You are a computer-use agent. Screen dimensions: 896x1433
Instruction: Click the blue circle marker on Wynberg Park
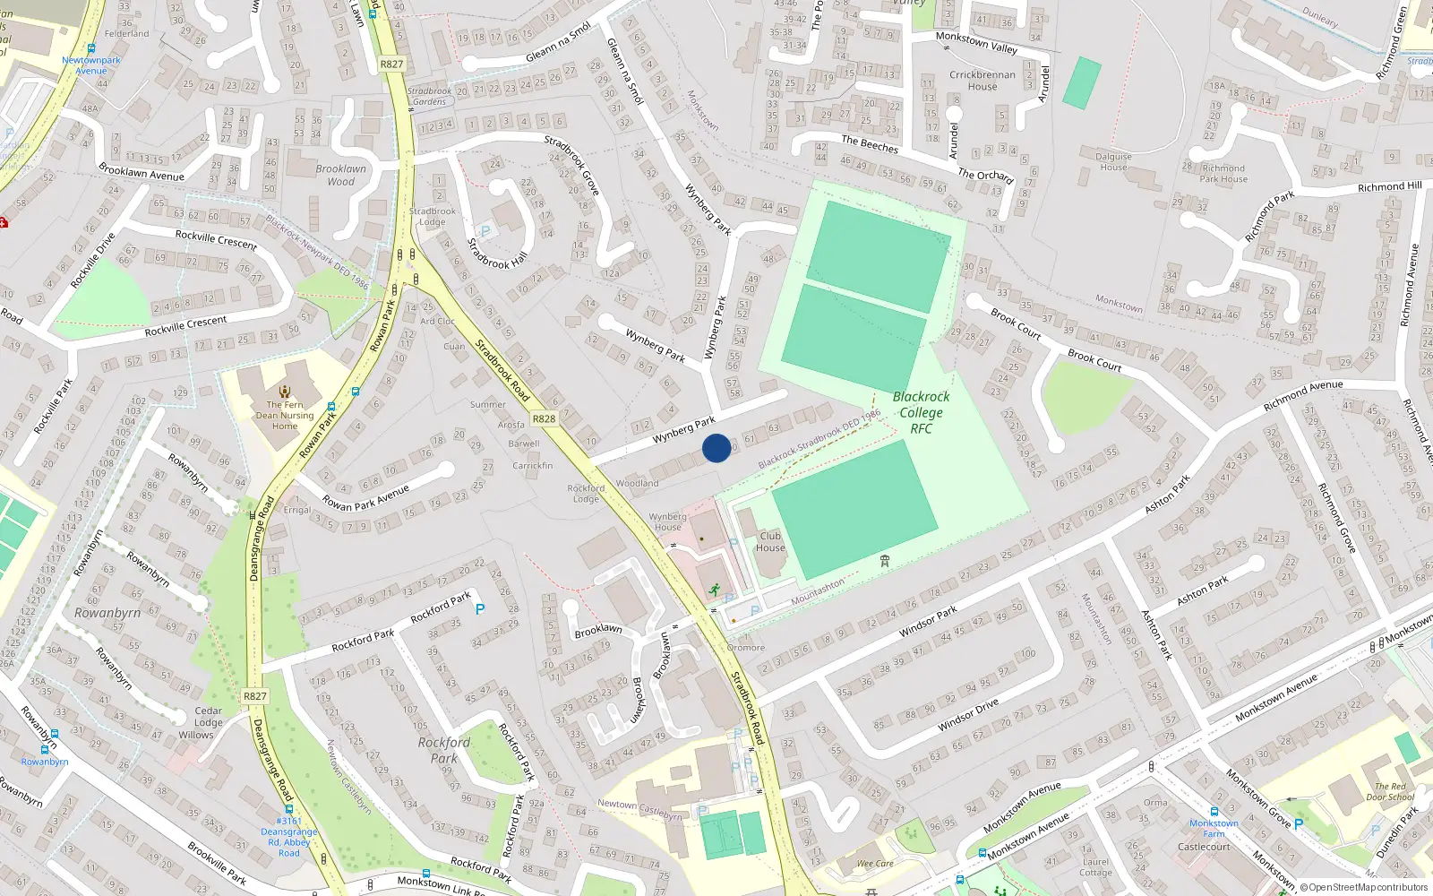(x=716, y=448)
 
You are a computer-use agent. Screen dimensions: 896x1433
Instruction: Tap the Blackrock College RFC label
(x=921, y=412)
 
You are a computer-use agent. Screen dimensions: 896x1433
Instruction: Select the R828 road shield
(x=544, y=418)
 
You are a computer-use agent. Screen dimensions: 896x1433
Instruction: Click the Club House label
(x=770, y=542)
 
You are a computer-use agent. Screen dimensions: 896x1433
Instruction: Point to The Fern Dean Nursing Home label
(x=285, y=415)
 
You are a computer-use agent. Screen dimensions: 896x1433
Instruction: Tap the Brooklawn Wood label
(x=340, y=175)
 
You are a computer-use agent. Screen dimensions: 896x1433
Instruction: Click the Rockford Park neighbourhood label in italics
(x=443, y=750)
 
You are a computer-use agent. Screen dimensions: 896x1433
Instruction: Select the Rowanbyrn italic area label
(x=107, y=613)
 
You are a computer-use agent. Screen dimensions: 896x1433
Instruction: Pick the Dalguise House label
(x=1113, y=161)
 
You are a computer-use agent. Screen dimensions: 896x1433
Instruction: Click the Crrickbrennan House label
(x=983, y=81)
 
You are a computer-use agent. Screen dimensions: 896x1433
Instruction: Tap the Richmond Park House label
(x=1223, y=173)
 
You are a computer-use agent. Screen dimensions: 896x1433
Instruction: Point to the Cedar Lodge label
(x=208, y=716)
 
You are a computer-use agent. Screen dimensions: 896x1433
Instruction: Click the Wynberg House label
(x=667, y=521)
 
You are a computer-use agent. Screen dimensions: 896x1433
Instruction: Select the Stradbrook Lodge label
(x=432, y=216)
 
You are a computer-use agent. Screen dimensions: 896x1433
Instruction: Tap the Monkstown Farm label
(x=1214, y=828)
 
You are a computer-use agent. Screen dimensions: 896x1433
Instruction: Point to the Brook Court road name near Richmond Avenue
(x=1094, y=360)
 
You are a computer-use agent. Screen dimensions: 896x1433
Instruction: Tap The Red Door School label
(x=1390, y=791)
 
